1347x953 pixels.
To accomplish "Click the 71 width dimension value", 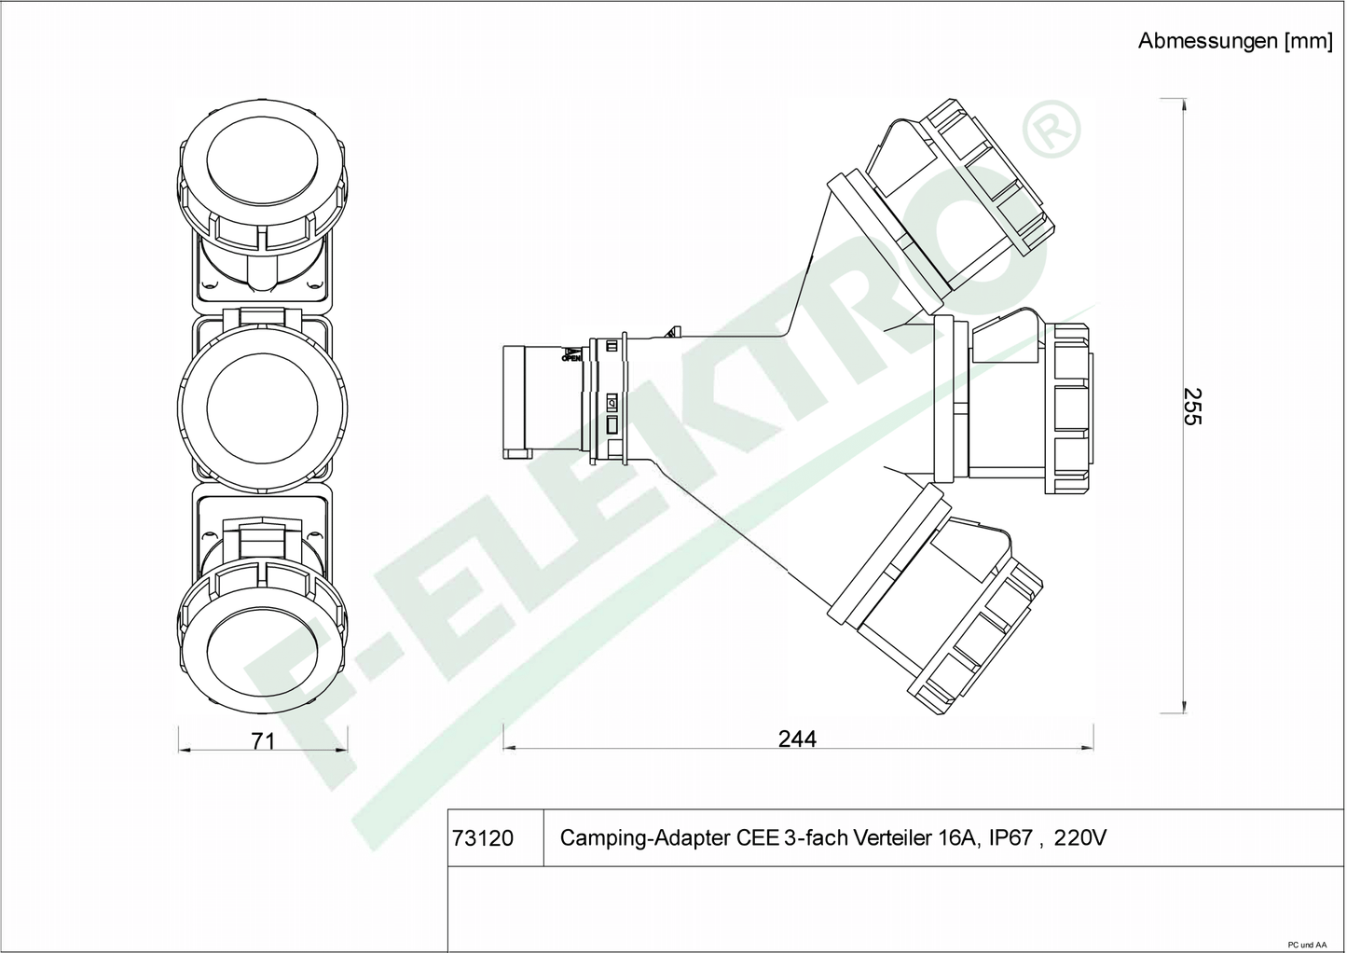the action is click(263, 741).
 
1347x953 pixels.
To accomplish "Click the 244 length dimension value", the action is click(797, 739).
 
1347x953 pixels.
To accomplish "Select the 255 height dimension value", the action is click(1192, 407).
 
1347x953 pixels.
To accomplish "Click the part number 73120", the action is click(482, 838).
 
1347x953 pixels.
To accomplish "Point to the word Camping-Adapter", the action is click(645, 838).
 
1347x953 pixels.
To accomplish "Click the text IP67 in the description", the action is click(1010, 837).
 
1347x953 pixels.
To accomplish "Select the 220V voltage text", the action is click(1080, 837).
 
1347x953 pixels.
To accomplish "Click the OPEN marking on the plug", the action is click(571, 359).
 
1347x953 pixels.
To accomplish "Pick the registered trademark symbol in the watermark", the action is click(1051, 130).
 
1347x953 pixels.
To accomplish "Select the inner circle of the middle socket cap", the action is click(262, 408).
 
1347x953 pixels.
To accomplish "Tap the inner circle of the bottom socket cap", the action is click(262, 656).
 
